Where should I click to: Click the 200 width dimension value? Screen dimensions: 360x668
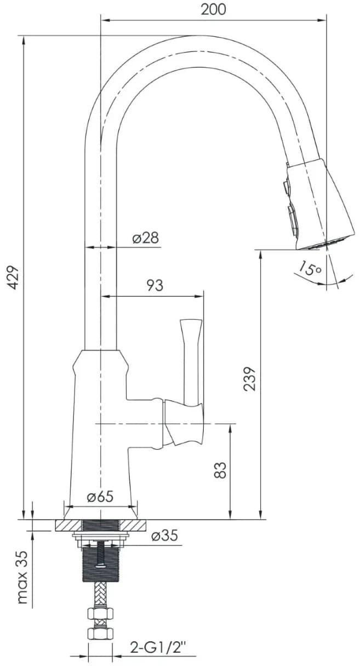coord(213,9)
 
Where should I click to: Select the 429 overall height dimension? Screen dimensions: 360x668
coord(13,277)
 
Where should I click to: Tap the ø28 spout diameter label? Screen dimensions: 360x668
coord(146,238)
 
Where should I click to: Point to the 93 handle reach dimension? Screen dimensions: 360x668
coord(155,285)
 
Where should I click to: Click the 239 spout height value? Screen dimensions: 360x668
coord(249,379)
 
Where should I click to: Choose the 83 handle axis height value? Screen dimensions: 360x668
coord(220,470)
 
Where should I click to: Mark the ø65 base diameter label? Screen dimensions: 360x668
coord(100,497)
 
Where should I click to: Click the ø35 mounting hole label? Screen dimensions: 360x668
coord(164,535)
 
